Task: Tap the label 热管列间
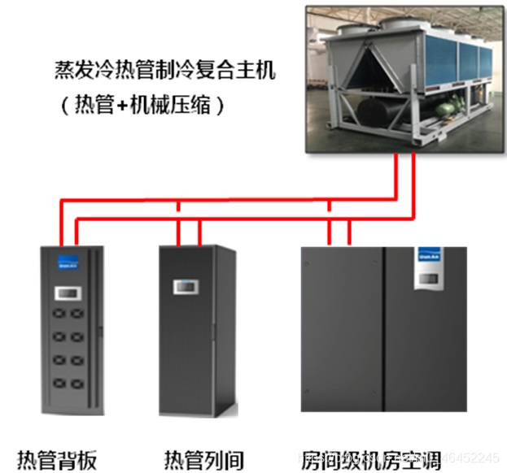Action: (203, 458)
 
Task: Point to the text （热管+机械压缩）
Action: (142, 105)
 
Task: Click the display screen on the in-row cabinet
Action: (186, 287)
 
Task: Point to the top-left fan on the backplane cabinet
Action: (57, 313)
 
